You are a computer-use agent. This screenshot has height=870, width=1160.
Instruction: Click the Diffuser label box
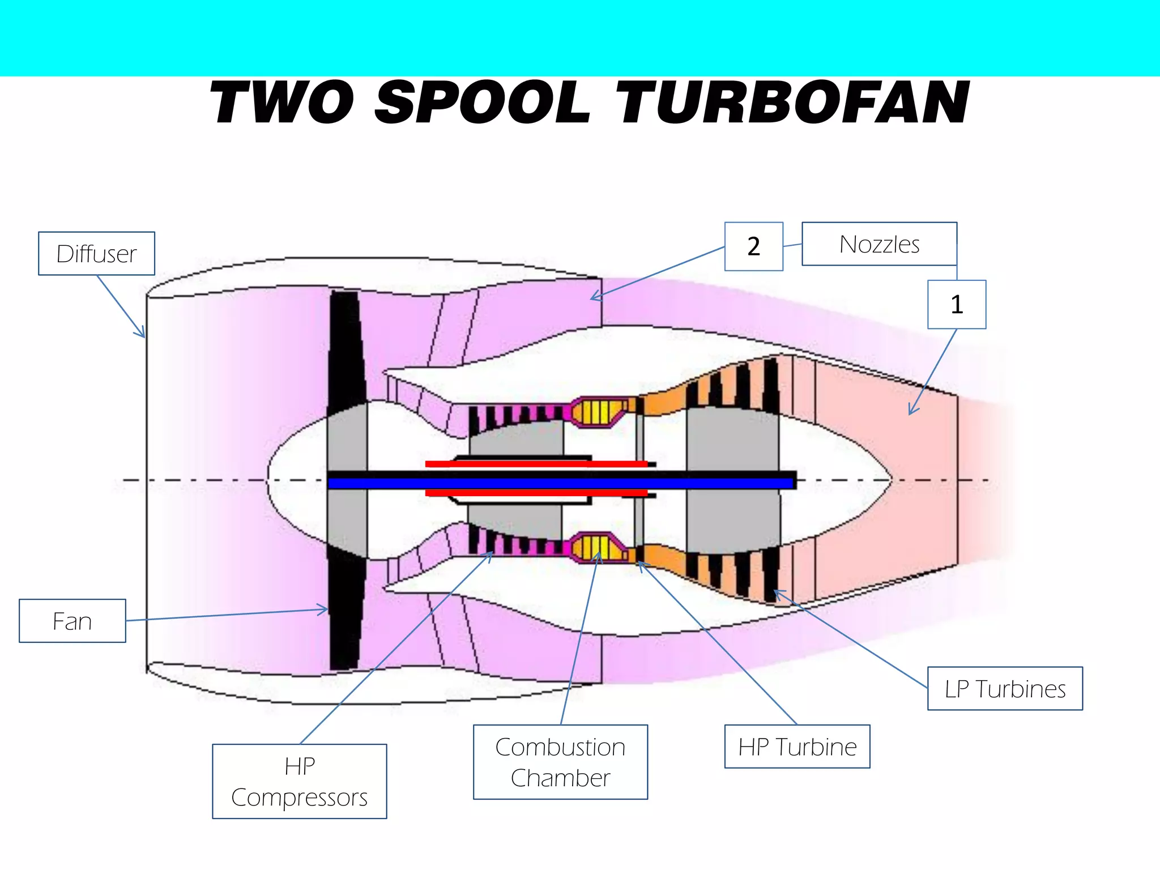click(96, 253)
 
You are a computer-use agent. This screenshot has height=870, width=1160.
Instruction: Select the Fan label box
click(72, 621)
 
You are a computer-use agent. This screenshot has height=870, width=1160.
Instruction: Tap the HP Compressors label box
click(299, 781)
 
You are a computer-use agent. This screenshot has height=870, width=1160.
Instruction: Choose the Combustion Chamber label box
click(560, 762)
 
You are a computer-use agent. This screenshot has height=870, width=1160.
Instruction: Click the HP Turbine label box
click(797, 747)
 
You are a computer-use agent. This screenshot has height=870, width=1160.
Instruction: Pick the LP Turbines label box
click(1005, 688)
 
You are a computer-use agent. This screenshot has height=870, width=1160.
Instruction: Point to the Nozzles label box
click(879, 244)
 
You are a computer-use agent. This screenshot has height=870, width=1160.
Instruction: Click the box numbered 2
click(753, 246)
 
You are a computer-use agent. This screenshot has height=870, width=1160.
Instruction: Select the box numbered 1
click(957, 304)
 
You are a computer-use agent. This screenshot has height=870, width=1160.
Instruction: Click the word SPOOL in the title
click(483, 103)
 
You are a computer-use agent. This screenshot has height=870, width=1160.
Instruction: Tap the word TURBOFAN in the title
click(793, 103)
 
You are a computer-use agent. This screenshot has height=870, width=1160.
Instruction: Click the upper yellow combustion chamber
click(598, 412)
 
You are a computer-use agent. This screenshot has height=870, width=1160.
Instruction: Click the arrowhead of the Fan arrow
click(325, 609)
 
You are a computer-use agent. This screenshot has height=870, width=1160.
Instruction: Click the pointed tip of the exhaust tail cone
click(890, 480)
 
